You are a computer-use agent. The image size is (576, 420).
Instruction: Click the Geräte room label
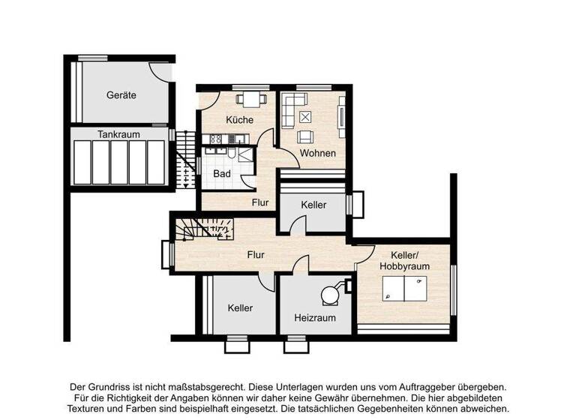tap(121, 95)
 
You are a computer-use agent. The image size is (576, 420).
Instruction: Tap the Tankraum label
tap(118, 134)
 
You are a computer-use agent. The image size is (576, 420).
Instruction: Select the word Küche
tap(239, 120)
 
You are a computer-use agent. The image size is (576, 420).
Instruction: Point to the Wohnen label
tap(318, 153)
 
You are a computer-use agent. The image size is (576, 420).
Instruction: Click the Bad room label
tap(222, 174)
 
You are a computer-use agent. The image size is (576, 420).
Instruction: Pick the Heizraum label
tap(314, 318)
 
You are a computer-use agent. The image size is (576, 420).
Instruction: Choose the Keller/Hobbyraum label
tap(404, 260)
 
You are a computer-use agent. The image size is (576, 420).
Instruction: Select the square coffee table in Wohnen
tap(306, 117)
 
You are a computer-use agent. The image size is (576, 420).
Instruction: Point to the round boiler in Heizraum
tap(328, 295)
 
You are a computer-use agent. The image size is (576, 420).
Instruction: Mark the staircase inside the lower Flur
tap(204, 226)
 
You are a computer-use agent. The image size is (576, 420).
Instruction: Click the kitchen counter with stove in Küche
tap(224, 139)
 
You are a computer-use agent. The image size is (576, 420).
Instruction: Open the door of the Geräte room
tap(162, 72)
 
